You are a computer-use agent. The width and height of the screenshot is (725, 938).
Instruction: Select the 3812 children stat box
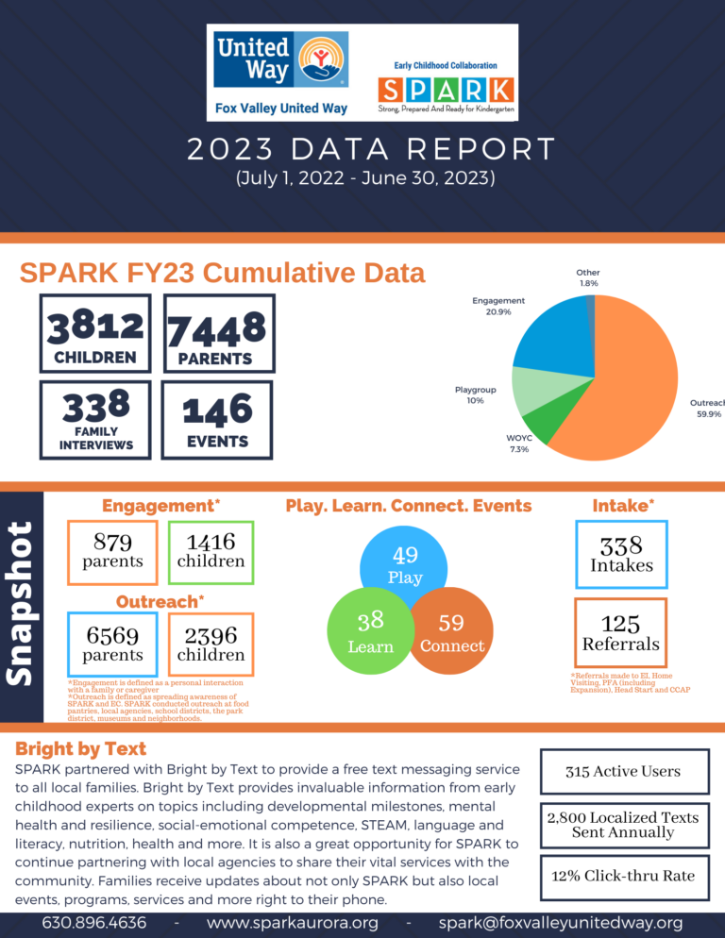pyautogui.click(x=94, y=333)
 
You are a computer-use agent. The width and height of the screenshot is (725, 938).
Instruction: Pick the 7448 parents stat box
pyautogui.click(x=219, y=333)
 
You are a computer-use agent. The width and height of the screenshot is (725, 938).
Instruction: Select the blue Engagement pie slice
pyautogui.click(x=548, y=330)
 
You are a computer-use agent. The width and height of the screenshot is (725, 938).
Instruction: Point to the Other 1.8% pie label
pyautogui.click(x=588, y=277)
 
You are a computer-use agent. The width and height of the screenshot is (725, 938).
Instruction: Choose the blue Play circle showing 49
pyautogui.click(x=405, y=562)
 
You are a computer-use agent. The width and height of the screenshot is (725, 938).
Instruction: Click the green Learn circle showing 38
pyautogui.click(x=366, y=630)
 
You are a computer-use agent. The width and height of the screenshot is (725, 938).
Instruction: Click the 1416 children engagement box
pyautogui.click(x=211, y=550)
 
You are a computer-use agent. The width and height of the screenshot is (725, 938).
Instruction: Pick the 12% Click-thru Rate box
pyautogui.click(x=625, y=876)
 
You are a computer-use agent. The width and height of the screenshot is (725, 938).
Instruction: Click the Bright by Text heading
pyautogui.click(x=81, y=748)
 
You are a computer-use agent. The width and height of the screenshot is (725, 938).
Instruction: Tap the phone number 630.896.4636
pyautogui.click(x=94, y=922)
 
